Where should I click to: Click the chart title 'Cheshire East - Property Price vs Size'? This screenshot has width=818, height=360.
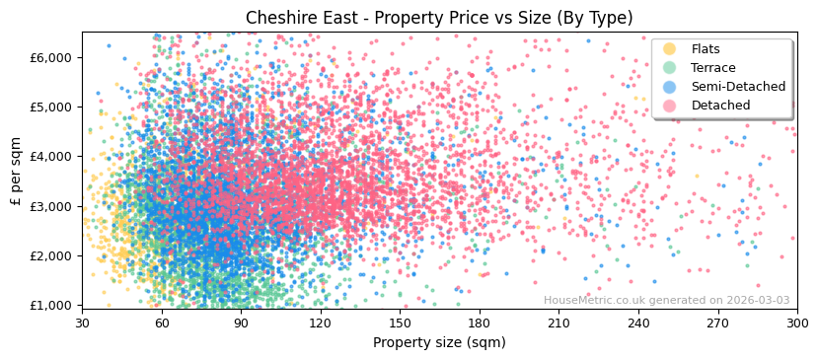point(439,18)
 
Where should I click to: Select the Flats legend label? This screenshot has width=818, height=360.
point(705,49)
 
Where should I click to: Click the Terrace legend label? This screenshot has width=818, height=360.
point(712,68)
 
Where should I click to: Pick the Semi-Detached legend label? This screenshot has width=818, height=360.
point(738,87)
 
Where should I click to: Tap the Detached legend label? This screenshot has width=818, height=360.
point(720,106)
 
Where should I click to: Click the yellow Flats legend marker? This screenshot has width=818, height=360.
point(670,49)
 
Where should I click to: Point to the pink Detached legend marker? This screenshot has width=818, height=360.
point(670,106)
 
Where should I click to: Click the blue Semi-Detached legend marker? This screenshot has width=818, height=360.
point(670,87)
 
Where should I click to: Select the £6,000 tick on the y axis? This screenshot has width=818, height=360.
point(50,57)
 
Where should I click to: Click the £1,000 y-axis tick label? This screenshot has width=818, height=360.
point(50,306)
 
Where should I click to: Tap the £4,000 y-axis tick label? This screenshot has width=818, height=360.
point(50,157)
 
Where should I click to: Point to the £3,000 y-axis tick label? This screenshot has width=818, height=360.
point(50,206)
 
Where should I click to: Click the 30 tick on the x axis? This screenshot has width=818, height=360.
point(82,323)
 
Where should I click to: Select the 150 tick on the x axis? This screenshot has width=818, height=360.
point(400,323)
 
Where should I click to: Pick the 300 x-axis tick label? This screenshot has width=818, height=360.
point(796,323)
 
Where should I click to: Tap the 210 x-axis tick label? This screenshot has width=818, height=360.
point(558,323)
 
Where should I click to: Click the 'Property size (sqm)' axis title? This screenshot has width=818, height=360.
point(439,342)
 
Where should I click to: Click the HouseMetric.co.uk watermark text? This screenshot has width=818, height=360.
point(666,301)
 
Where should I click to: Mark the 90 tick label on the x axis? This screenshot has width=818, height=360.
point(241,323)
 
